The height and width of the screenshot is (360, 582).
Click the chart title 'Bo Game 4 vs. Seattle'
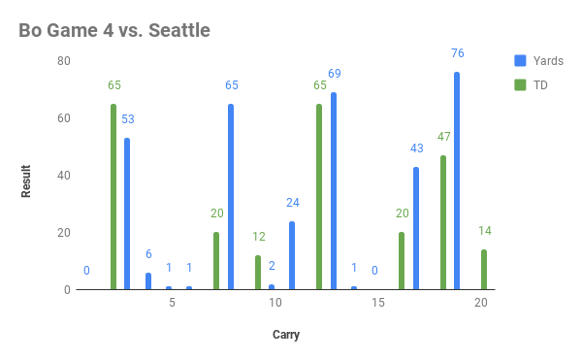coord(114,31)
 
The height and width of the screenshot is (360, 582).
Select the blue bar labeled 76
coord(457,181)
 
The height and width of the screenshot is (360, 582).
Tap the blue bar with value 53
coord(127,214)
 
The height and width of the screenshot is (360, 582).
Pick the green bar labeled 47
coord(443,223)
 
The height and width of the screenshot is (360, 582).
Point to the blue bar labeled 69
coord(334,191)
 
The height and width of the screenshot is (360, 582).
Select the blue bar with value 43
coord(416,229)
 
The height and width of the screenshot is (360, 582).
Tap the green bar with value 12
coord(258,273)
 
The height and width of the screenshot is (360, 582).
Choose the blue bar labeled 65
coord(231,197)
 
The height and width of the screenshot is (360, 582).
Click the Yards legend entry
coord(540,61)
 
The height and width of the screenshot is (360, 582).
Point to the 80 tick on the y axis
coord(64,61)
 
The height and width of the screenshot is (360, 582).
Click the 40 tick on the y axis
coord(64,176)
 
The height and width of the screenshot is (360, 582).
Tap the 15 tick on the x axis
coord(378,304)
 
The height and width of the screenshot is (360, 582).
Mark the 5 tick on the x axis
coord(172,304)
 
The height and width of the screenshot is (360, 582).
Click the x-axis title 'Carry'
coord(285,336)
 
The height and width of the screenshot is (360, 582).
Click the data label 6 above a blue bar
coord(148,254)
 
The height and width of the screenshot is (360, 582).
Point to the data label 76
coord(457,53)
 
